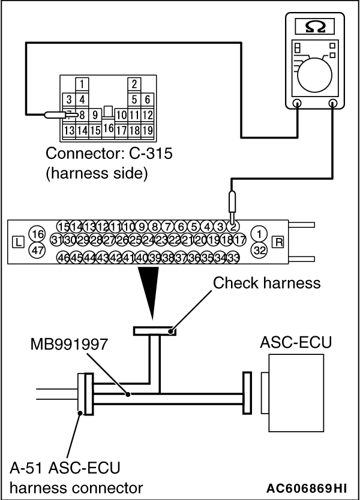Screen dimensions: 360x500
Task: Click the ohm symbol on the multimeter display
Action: (315, 27)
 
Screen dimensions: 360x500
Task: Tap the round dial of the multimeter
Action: (314, 76)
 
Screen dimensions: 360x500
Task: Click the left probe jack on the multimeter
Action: (297, 103)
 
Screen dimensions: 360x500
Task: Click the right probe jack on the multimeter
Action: (333, 103)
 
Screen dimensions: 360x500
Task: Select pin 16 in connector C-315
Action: (108, 128)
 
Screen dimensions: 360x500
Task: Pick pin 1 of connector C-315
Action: (82, 85)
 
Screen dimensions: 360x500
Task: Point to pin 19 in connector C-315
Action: (147, 131)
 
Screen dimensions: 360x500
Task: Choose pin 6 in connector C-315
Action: (147, 100)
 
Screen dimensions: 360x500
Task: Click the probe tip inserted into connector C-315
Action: (61, 115)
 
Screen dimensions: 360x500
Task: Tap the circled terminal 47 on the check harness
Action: (38, 250)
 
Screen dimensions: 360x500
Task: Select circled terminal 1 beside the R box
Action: (259, 234)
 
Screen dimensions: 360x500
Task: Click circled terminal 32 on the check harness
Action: (259, 250)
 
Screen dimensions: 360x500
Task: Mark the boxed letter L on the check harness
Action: (18, 242)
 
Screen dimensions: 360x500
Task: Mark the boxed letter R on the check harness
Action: (278, 242)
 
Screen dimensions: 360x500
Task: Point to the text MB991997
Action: (69, 345)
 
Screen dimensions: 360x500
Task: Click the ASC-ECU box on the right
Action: (296, 394)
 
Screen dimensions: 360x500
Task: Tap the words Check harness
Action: (267, 283)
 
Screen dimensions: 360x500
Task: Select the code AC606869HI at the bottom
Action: (307, 488)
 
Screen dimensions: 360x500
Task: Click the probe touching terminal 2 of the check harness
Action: (233, 207)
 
